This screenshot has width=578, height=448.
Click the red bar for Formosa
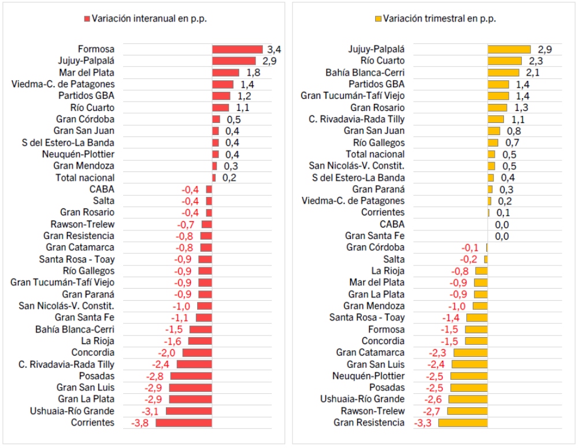(237, 50)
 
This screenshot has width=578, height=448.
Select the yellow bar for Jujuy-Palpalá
(509, 50)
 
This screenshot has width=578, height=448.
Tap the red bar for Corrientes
(184, 423)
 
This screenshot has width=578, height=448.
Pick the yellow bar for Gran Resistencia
(462, 423)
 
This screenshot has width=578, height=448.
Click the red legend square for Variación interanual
(87, 18)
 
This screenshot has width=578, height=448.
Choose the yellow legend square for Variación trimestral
(379, 18)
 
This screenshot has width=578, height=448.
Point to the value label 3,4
(274, 50)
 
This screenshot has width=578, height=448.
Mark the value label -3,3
(424, 423)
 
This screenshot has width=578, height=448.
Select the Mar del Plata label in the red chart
(87, 73)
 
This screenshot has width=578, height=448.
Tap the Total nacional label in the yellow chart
(375, 154)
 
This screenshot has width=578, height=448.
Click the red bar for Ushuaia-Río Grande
(188, 411)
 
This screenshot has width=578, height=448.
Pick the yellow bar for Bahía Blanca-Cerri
(503, 73)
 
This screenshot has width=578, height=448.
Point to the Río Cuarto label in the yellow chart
(383, 61)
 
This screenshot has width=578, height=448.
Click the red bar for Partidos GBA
(221, 96)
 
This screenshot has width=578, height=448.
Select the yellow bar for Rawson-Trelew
(467, 411)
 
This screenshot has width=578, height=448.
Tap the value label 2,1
(532, 73)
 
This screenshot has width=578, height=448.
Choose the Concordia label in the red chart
(93, 353)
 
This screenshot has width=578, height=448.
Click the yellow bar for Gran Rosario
(497, 107)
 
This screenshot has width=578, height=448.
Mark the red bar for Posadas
(191, 376)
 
